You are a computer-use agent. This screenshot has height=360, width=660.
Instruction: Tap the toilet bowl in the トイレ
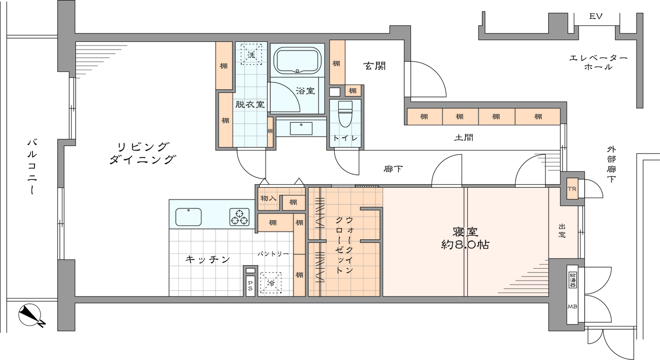[x=345, y=113]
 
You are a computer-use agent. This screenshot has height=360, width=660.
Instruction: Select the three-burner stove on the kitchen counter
[x=239, y=217]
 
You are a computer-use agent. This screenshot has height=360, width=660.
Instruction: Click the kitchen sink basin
[x=189, y=217]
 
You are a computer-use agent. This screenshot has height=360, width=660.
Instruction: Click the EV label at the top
[x=596, y=17]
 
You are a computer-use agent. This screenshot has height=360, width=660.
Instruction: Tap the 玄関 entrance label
[x=375, y=66]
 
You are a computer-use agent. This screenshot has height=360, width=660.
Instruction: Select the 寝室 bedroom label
[x=465, y=232]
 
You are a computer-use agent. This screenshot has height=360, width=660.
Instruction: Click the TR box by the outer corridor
[x=572, y=189]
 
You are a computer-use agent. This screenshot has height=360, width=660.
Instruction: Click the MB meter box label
[x=572, y=307]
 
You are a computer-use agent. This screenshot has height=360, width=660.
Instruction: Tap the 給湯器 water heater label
[x=572, y=280]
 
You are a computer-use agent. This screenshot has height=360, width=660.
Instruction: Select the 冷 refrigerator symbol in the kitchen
[x=271, y=283]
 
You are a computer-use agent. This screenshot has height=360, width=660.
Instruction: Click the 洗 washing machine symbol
[x=251, y=54]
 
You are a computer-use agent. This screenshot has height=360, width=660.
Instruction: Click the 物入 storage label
[x=269, y=198]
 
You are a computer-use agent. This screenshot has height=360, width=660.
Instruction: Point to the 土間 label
[x=464, y=137]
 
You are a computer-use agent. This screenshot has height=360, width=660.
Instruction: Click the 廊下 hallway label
[x=393, y=169]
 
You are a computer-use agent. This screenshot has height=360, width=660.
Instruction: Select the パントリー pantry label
[x=273, y=254]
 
